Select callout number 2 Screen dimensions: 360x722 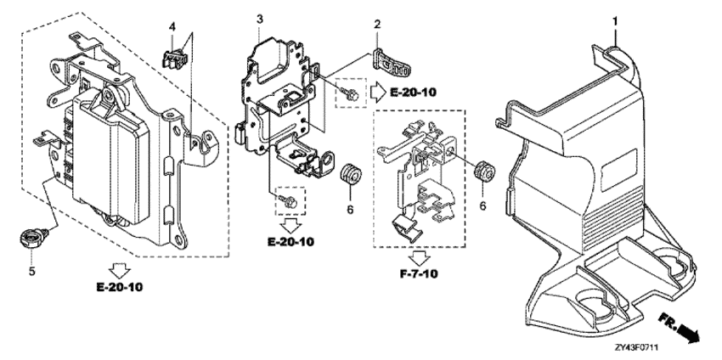[375, 26]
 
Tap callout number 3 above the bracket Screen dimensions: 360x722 [260, 19]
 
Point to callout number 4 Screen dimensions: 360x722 [172, 26]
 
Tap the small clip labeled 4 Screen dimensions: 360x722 [173, 57]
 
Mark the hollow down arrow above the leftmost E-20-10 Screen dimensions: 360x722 [121, 269]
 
